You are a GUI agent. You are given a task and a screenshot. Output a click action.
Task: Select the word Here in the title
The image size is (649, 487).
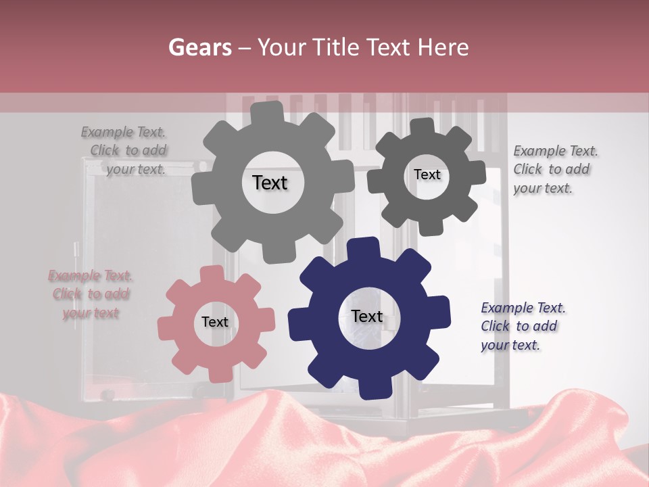pos(443,47)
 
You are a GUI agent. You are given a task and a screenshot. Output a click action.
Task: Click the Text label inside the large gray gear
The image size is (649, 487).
pos(270,183)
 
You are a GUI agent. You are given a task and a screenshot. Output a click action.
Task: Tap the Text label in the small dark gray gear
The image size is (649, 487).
pos(427,175)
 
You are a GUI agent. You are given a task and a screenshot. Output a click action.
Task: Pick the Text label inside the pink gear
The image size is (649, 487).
pos(215,322)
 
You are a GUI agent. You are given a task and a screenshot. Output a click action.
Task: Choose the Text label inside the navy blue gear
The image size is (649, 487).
pos(366,316)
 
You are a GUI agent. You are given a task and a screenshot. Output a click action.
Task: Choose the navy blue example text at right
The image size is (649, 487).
pos(521,326)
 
